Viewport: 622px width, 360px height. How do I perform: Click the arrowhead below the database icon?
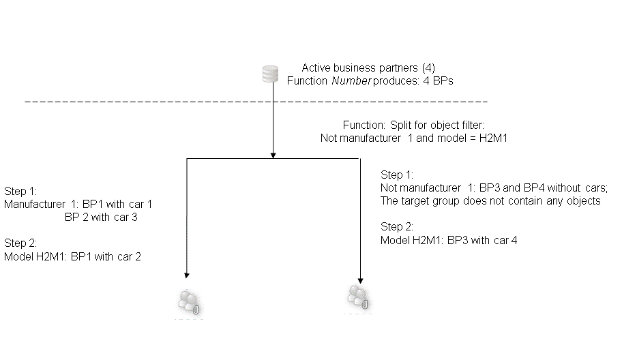[273, 155]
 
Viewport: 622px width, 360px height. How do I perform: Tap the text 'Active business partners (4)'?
[368, 68]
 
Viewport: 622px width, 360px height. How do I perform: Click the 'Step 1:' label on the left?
[20, 191]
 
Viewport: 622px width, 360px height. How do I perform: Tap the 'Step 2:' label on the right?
[397, 226]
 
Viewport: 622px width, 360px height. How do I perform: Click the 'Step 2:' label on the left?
[20, 243]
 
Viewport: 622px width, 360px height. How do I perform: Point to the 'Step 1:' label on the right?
[397, 175]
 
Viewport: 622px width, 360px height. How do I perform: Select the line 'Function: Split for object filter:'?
[413, 125]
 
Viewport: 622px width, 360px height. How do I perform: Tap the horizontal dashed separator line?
[256, 102]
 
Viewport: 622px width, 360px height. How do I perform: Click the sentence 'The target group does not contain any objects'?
[490, 200]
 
